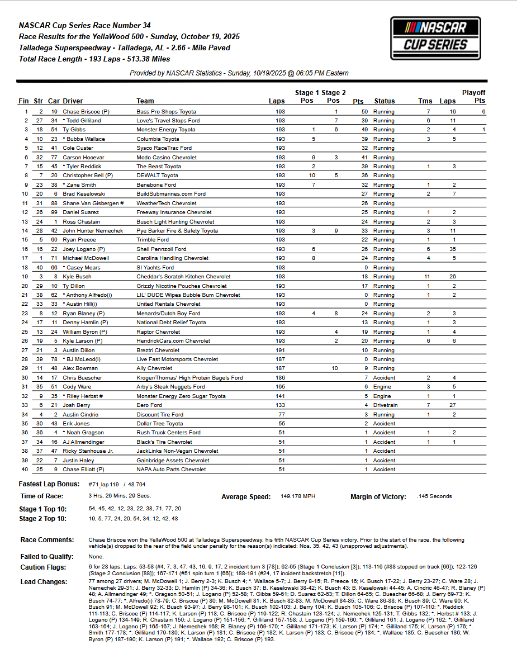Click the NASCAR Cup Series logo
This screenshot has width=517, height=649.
[x=435, y=35]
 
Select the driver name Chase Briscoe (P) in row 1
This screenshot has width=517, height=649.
[x=86, y=112]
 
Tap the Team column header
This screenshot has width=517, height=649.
[x=145, y=101]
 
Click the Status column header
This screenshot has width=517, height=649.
[x=384, y=101]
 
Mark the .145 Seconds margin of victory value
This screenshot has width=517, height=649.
[x=434, y=496]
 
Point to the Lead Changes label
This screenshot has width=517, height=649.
[x=44, y=582]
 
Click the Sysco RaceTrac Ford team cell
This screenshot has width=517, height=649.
[x=164, y=148]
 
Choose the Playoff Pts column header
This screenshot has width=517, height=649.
[x=473, y=97]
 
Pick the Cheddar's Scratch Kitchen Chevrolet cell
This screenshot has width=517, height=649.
[x=183, y=277]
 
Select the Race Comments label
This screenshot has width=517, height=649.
[x=47, y=540]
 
